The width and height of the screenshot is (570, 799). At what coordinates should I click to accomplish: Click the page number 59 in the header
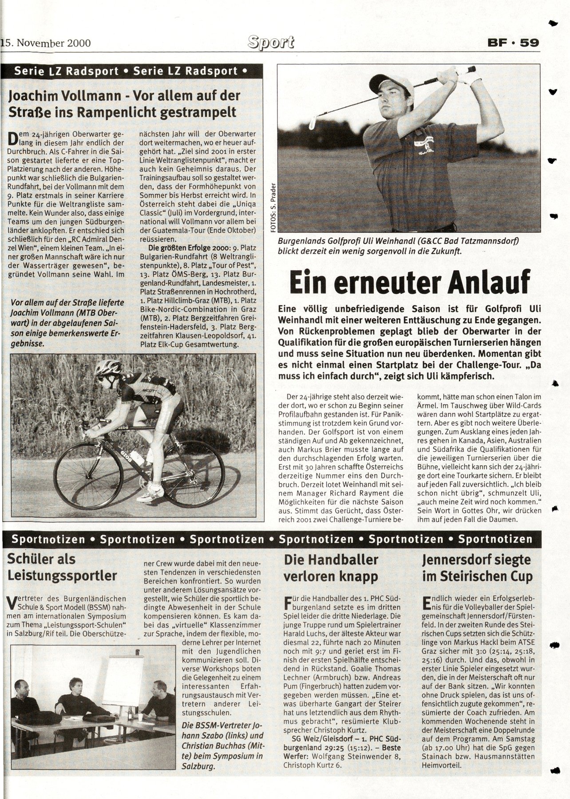coord(530,43)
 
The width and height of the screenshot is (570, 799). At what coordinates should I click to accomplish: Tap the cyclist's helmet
coord(108,368)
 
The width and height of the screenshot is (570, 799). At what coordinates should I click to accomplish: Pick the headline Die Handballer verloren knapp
coord(331,568)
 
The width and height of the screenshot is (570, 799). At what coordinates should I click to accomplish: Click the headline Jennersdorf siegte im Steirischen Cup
coord(478,568)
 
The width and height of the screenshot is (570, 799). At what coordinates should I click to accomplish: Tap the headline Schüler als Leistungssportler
coord(62,568)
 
